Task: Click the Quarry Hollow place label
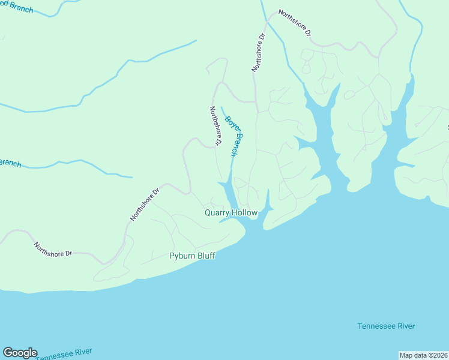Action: click(231, 213)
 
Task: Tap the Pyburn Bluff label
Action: click(192, 256)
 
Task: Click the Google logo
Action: click(20, 353)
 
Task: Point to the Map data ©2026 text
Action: click(424, 355)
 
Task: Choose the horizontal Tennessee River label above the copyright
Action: click(386, 326)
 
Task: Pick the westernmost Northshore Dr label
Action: click(52, 250)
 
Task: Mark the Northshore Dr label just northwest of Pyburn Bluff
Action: click(145, 205)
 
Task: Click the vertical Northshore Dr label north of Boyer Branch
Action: click(258, 53)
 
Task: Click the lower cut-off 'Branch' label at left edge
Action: click(10, 163)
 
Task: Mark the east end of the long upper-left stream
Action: click(196, 41)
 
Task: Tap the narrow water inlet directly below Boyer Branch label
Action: click(229, 191)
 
